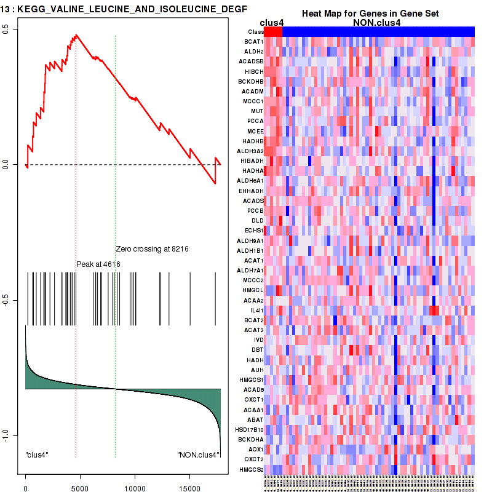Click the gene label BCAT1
coord(254,41)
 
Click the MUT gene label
coord(257,111)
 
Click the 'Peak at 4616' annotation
coord(98,264)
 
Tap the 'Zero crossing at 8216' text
coord(152,249)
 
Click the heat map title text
coord(364,14)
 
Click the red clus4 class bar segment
coord(273,31)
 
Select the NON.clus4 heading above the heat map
coord(376,23)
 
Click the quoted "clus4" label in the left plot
coord(37,455)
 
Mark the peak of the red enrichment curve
coord(76,35)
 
